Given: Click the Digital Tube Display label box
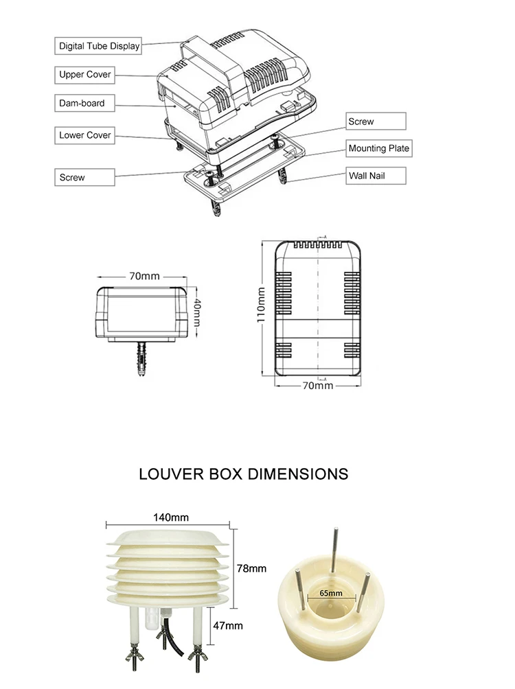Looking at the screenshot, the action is pos(98,46).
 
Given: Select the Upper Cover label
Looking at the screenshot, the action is pos(84,75).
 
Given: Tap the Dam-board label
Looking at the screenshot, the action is pos(84,103).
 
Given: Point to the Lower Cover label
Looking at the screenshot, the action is pos(84,135).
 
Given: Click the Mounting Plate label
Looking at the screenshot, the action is pos(378,148).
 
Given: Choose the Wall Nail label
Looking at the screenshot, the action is pos(376,176).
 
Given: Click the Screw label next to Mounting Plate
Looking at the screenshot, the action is pos(376,121).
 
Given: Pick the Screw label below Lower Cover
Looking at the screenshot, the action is pos(84,177).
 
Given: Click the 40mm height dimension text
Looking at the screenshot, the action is pos(198,312).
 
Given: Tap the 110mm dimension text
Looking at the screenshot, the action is pos(261,305).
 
